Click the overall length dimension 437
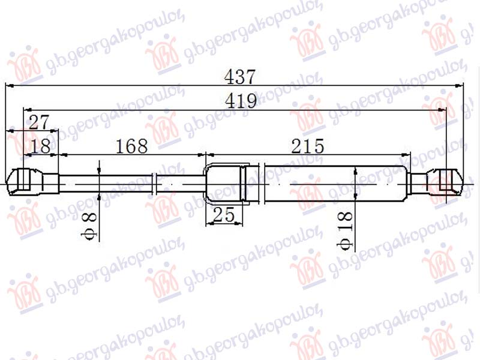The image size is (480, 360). click(x=240, y=77)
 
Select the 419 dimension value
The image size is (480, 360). click(x=240, y=101)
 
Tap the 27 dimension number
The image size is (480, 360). click(x=38, y=123)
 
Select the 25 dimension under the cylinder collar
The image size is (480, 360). click(x=223, y=215)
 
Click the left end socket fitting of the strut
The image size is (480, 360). click(x=24, y=182)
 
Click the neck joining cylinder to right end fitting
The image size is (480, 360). click(x=418, y=181)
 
